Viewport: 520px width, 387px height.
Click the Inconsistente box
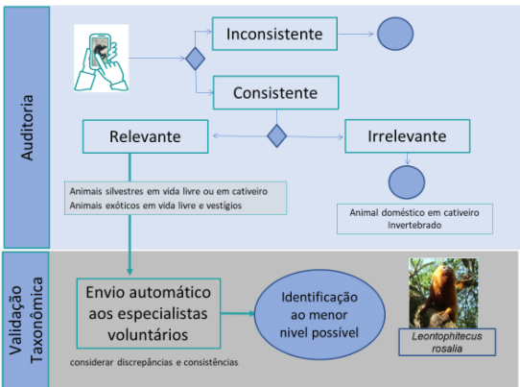(274, 34)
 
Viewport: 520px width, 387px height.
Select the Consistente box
(275, 92)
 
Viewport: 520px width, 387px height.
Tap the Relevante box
(145, 136)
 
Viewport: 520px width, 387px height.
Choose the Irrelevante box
(407, 136)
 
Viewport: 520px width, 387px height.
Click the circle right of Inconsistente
(395, 34)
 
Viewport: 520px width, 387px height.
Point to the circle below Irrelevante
(407, 182)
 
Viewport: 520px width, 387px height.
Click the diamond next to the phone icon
(195, 59)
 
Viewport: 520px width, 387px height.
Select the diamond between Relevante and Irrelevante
(276, 135)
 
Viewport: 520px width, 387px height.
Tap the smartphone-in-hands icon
(101, 58)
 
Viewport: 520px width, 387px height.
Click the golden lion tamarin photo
(443, 293)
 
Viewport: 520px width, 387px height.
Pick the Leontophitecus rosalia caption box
(447, 342)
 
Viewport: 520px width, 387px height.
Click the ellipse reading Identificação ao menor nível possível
(319, 314)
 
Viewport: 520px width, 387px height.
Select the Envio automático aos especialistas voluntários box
(149, 313)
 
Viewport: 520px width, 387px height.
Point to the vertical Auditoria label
(27, 128)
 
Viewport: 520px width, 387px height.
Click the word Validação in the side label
(15, 321)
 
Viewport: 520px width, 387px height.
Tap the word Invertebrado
(414, 225)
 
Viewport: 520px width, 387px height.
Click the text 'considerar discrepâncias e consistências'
(154, 362)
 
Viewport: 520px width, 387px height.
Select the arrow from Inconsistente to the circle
(356, 34)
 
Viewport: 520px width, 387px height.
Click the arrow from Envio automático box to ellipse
(237, 313)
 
